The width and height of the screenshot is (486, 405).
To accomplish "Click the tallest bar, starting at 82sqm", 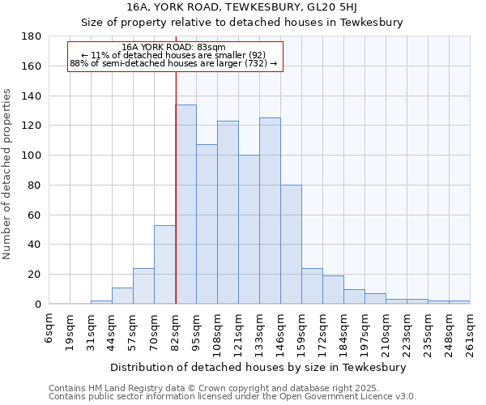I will tap(185, 204).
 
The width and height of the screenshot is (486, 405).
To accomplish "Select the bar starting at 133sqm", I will tap(270, 211).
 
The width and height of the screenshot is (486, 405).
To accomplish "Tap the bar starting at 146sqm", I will tap(291, 244).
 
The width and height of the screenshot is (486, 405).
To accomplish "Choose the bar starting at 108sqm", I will tap(228, 212).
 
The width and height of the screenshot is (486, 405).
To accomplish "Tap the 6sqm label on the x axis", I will tap(50, 326).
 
